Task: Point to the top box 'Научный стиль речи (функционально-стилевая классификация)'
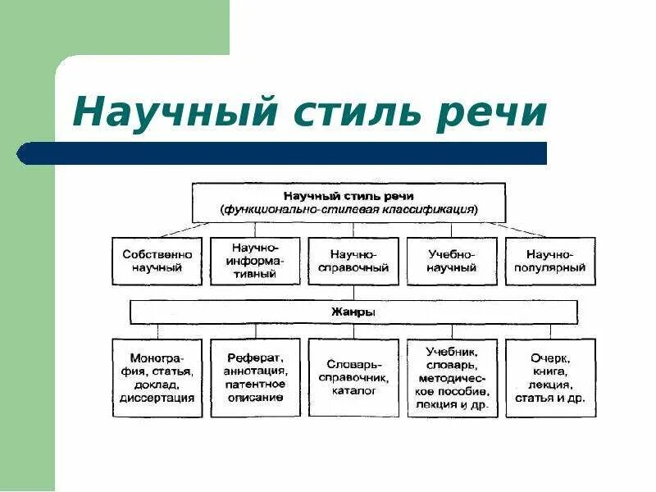tap(348, 203)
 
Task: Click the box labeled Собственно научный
tap(157, 261)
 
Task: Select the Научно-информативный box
tap(255, 261)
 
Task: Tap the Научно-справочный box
tap(353, 261)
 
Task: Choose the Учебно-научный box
tap(452, 261)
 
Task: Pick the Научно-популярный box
tap(550, 261)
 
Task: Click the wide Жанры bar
tap(353, 312)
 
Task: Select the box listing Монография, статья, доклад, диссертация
tap(157, 378)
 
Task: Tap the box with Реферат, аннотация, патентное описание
tap(255, 378)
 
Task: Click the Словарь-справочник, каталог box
tap(353, 378)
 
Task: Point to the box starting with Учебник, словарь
tap(452, 378)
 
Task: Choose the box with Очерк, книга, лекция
tap(550, 378)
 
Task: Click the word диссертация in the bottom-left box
tap(157, 399)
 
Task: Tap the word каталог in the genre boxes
tap(353, 391)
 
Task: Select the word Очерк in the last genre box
tap(550, 358)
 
